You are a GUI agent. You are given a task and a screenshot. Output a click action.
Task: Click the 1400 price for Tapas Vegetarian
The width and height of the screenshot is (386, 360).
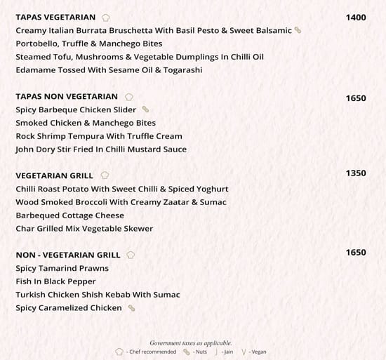(x=356, y=18)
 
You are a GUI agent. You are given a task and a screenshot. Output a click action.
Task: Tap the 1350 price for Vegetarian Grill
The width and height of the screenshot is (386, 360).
(x=356, y=173)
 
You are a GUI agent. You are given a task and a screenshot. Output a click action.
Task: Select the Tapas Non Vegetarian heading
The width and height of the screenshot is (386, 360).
(x=66, y=96)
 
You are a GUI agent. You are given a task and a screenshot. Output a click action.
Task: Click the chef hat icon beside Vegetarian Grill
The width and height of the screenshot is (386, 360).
(x=105, y=175)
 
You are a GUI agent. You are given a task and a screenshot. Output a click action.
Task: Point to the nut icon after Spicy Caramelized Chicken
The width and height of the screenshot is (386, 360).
(x=131, y=308)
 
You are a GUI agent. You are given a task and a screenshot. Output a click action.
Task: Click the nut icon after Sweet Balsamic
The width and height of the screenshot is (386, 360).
(x=298, y=30)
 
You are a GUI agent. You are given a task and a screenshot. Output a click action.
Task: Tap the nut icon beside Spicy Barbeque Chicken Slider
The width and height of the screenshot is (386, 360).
(x=145, y=109)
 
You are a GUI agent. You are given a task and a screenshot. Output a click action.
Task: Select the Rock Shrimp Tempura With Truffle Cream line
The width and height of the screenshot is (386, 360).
(x=98, y=135)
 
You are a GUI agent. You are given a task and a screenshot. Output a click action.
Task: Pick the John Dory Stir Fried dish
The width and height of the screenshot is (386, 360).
(x=100, y=149)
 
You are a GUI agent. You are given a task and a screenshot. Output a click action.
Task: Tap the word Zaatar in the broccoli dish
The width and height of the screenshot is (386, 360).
(x=175, y=202)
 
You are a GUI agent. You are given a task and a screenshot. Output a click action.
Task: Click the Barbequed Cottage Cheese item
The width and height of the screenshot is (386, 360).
(x=69, y=215)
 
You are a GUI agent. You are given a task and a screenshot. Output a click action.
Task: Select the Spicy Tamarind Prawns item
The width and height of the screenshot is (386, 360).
(x=62, y=268)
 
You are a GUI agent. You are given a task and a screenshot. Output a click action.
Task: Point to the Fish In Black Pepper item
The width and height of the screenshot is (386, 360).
(x=55, y=281)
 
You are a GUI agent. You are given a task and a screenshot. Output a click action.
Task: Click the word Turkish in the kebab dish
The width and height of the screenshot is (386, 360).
(x=33, y=295)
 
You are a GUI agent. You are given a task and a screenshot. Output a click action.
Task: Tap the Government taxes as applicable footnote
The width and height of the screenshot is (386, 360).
(x=191, y=342)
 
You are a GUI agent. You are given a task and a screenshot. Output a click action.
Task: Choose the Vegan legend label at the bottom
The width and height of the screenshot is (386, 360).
(x=258, y=352)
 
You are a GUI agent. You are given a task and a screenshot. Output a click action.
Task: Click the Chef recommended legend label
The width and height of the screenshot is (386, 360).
(x=151, y=352)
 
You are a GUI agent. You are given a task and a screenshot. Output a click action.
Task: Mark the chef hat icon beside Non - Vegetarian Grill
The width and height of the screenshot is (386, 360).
(x=131, y=255)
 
